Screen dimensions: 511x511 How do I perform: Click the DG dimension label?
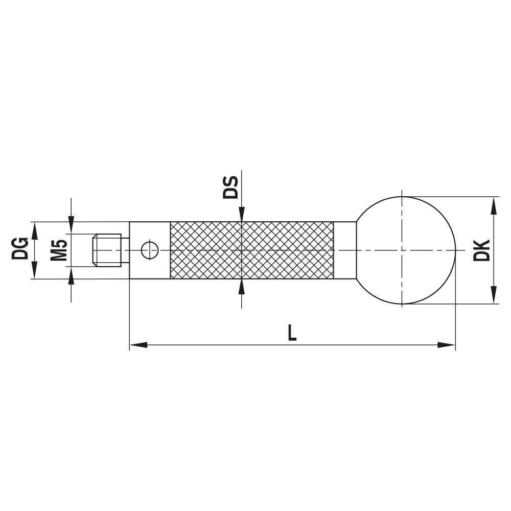20,248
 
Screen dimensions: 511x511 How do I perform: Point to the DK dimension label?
481,250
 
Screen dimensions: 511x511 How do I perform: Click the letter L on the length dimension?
291,333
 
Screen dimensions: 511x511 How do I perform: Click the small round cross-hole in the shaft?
150,250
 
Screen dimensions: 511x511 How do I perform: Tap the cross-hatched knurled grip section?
251,250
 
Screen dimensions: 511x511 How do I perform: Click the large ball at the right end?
404,250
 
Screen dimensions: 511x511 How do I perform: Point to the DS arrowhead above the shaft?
241,215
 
